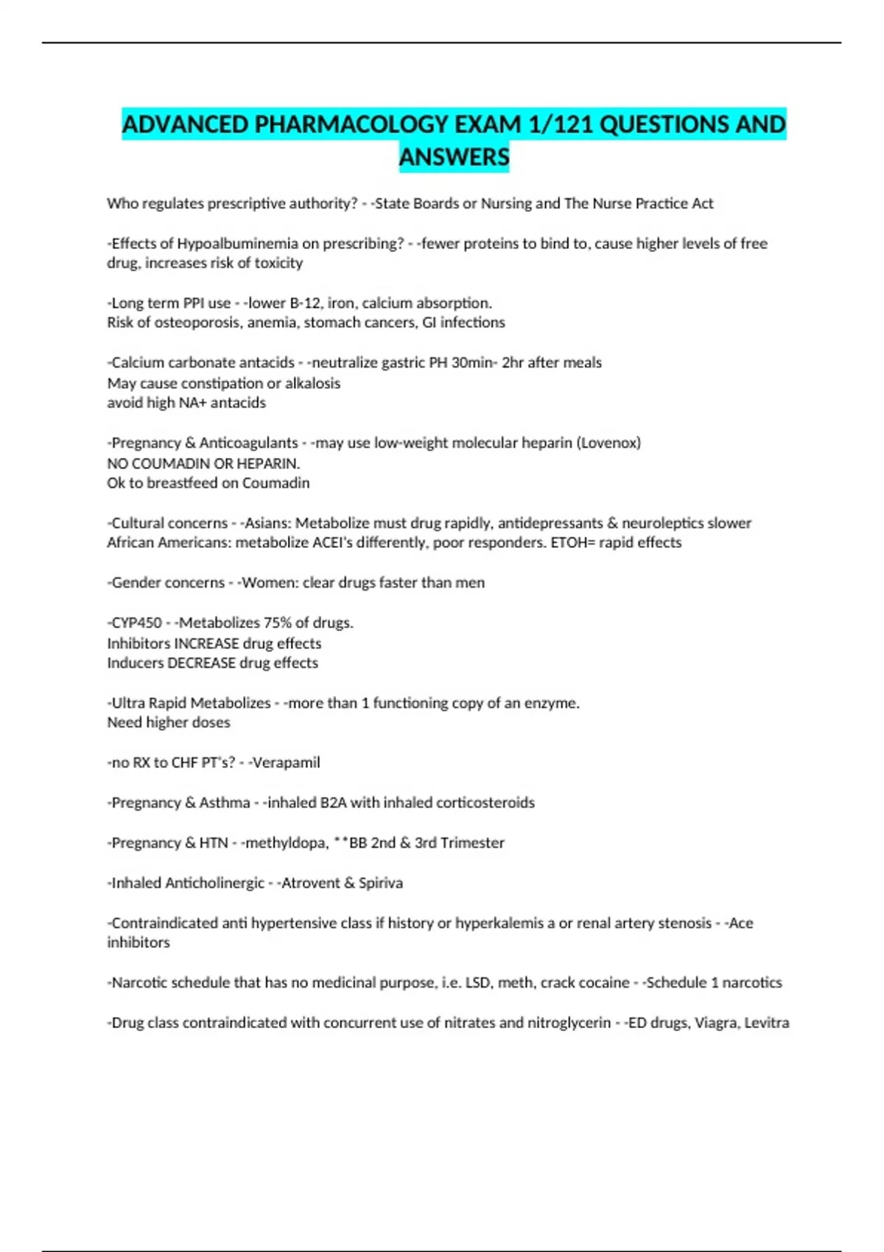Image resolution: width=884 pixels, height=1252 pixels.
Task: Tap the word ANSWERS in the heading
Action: (454, 157)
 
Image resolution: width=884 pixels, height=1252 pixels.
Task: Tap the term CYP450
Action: (136, 623)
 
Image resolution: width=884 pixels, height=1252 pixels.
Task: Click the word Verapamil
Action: (287, 763)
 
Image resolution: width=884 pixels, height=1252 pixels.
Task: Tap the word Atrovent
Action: (308, 883)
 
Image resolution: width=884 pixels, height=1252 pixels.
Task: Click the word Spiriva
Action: (380, 883)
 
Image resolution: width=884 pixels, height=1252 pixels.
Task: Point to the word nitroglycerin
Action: (569, 1023)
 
